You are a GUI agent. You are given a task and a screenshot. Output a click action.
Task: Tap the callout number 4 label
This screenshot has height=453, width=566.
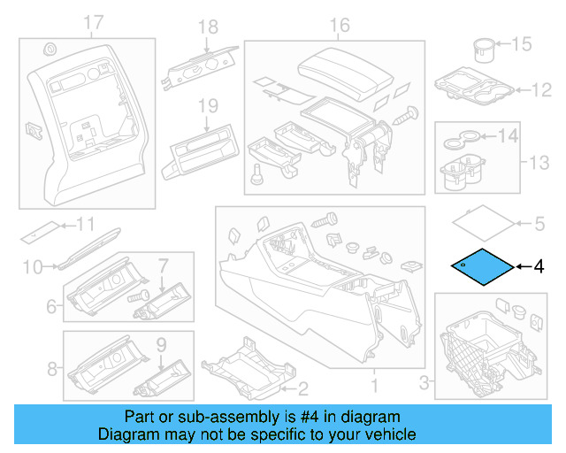[x=539, y=265]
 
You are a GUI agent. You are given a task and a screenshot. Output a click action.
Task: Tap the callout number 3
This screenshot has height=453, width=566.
[x=424, y=382]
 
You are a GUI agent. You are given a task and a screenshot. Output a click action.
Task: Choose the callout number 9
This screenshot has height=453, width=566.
[x=161, y=343]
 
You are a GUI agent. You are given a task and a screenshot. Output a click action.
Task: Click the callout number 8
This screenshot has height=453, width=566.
[x=50, y=369]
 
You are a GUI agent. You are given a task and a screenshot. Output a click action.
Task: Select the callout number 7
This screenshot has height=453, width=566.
[x=163, y=264]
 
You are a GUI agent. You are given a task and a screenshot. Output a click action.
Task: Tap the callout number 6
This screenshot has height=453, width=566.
[x=50, y=307]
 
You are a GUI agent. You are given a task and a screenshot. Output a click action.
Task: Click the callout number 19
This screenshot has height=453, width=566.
[x=207, y=105]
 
